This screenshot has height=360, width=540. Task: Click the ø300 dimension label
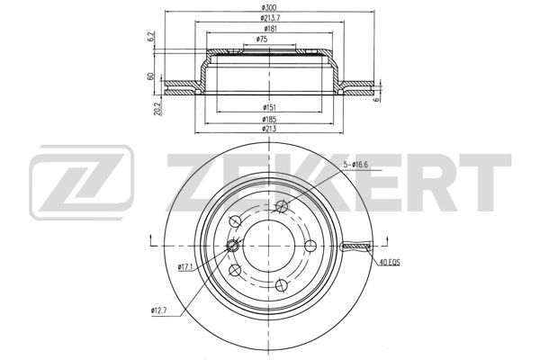[269, 7]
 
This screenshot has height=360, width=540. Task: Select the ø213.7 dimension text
[269, 18]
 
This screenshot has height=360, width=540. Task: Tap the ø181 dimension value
[271, 29]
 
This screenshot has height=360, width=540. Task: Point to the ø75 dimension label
[262, 40]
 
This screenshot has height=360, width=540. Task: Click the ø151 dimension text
[269, 107]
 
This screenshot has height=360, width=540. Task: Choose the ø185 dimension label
[269, 119]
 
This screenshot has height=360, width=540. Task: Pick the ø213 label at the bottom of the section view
[269, 129]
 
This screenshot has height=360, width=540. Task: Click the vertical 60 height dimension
[150, 76]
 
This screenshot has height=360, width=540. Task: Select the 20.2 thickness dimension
[158, 109]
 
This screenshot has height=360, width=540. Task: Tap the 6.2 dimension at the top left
[150, 37]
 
